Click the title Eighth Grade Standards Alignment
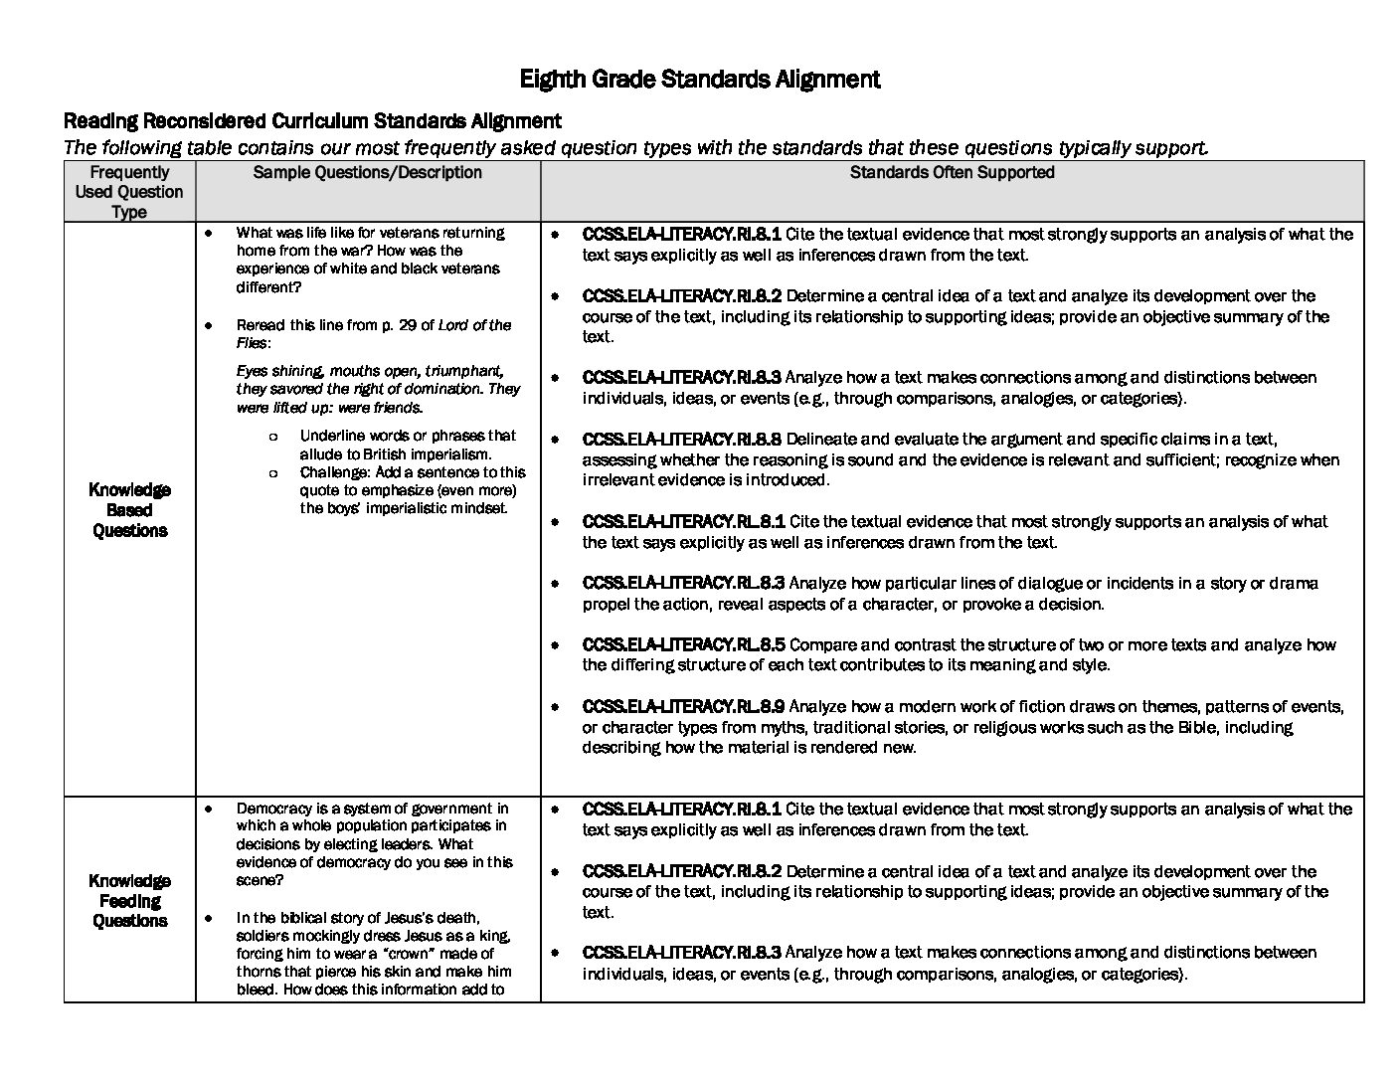click(x=700, y=80)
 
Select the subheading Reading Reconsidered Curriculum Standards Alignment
click(x=312, y=121)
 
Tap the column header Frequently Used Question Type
click(x=129, y=192)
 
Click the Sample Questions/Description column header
click(x=367, y=173)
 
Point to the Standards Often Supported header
click(x=952, y=173)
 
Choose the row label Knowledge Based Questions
click(x=129, y=510)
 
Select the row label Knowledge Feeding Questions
click(x=129, y=901)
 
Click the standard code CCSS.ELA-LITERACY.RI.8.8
click(x=682, y=440)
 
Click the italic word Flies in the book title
click(x=252, y=343)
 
